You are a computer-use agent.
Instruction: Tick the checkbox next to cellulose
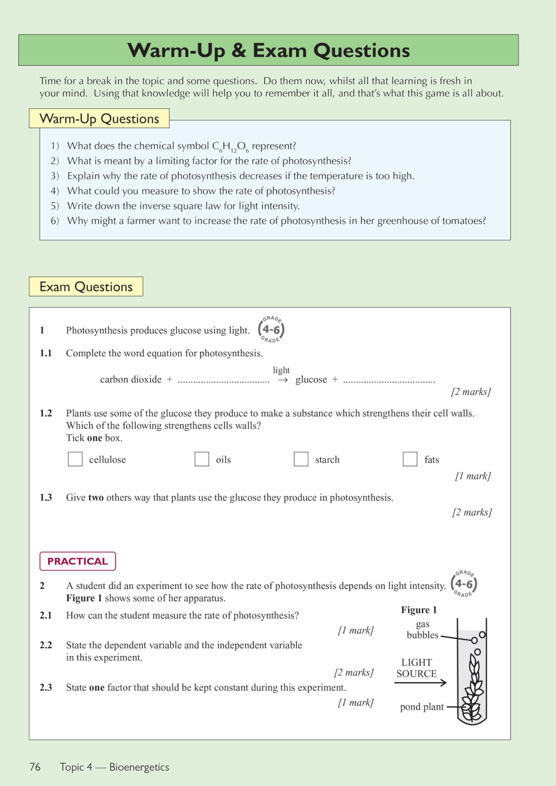[x=75, y=459]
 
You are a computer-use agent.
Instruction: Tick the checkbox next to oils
[x=202, y=459]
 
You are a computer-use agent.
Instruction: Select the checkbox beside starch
[x=301, y=459]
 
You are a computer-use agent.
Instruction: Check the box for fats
[x=410, y=459]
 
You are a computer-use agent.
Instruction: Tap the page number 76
[x=35, y=767]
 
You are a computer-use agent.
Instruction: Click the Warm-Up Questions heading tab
[x=99, y=119]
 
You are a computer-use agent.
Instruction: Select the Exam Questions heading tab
[x=86, y=286]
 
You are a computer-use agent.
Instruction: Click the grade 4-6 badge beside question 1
[x=271, y=329]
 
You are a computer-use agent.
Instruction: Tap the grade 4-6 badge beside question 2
[x=464, y=584]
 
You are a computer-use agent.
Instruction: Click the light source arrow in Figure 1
[x=420, y=683]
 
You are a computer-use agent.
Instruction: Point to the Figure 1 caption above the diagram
[x=419, y=610]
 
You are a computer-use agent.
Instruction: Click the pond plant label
[x=421, y=707]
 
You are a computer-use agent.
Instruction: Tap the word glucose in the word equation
[x=311, y=380]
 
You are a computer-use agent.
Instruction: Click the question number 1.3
[x=45, y=497]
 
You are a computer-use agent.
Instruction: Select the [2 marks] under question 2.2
[x=354, y=672]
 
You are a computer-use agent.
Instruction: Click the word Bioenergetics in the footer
[x=139, y=767]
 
